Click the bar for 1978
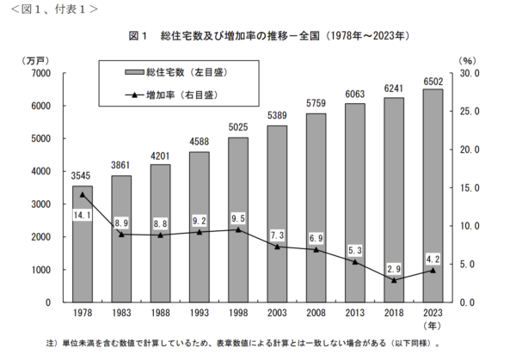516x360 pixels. click(x=83, y=244)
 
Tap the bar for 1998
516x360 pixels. click(x=238, y=220)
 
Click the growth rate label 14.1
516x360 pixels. click(x=83, y=215)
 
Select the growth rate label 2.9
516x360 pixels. click(x=395, y=268)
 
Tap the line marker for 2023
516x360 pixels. click(x=433, y=270)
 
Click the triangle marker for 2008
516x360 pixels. click(x=316, y=249)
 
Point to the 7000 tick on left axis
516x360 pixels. click(x=40, y=74)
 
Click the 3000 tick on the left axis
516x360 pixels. click(x=40, y=204)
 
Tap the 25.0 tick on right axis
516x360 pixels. click(x=471, y=112)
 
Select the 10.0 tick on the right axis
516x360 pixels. click(x=471, y=226)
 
